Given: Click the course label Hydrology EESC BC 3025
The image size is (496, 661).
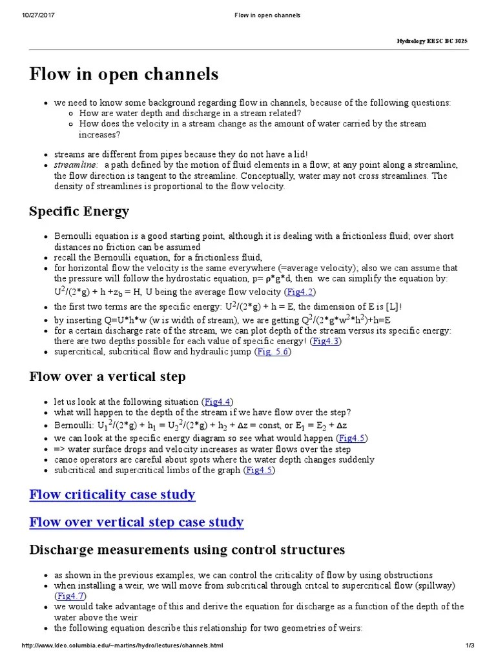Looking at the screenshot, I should click(x=432, y=41).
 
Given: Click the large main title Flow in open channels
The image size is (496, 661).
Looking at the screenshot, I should click(x=124, y=74).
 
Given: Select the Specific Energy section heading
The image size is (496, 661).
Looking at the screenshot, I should click(x=79, y=211).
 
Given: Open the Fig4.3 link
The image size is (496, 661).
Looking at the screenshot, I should click(x=325, y=341).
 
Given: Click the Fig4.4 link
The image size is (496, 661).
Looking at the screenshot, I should click(x=217, y=401).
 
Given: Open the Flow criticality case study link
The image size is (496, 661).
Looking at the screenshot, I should click(x=112, y=494).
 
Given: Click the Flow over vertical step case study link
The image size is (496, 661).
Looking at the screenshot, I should click(x=136, y=522).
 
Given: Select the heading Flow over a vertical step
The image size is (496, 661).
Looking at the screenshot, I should click(x=108, y=376).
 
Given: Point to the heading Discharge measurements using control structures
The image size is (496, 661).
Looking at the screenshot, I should click(x=187, y=549).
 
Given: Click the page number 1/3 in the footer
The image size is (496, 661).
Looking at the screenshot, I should click(x=470, y=646).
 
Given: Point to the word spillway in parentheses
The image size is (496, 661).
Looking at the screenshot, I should click(x=436, y=585).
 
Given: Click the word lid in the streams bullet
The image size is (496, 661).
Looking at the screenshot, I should click(x=299, y=154).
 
